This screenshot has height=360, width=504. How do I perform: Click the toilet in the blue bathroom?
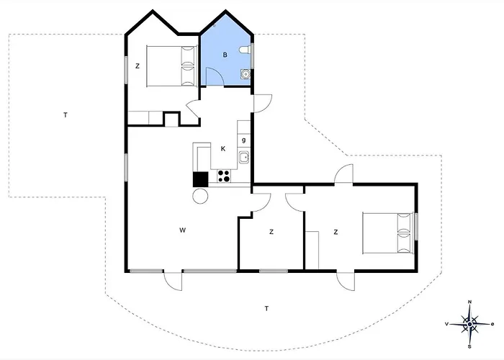click(x=245, y=50)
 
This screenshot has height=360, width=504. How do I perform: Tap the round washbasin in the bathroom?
click(x=246, y=74)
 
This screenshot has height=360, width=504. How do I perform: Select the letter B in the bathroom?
click(x=225, y=55)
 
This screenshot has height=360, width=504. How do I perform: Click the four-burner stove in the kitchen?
click(x=224, y=176)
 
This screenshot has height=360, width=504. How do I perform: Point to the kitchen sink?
click(x=244, y=157)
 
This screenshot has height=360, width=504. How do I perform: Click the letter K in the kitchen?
click(x=223, y=148)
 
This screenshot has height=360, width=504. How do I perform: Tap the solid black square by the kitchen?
click(x=201, y=179)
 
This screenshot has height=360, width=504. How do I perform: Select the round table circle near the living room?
click(x=200, y=195)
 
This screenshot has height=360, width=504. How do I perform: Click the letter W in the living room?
click(x=183, y=230)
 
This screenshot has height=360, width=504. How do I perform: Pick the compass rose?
click(x=469, y=324)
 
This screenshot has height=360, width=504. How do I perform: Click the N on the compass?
click(x=469, y=302)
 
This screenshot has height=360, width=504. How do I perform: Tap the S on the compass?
click(x=469, y=347)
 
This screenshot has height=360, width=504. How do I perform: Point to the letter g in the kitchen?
click(x=244, y=140)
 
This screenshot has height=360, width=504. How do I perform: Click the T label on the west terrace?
click(x=66, y=114)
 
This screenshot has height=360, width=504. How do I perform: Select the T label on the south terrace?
click(x=266, y=309)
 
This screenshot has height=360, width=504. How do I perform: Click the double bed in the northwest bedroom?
click(x=171, y=66)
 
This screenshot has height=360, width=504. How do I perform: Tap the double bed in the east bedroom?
click(x=387, y=233)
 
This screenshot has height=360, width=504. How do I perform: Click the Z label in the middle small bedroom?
click(x=271, y=232)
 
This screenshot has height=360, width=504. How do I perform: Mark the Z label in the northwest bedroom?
click(x=138, y=66)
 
